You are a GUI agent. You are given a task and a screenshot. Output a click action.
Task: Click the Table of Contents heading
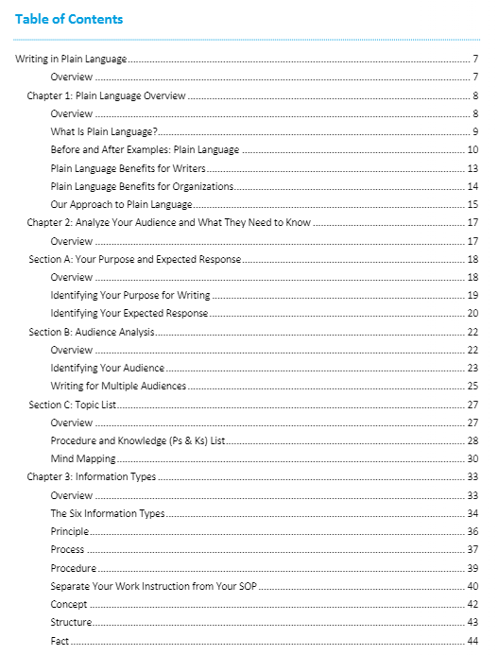[69, 19]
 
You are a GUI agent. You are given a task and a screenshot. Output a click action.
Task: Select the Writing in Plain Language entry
[72, 60]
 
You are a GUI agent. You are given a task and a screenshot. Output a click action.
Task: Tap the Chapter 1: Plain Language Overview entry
[106, 95]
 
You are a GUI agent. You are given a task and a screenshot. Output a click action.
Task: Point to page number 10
[472, 150]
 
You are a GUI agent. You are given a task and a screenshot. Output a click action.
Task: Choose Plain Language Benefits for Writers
[128, 168]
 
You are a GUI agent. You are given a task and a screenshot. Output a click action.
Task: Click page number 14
[472, 186]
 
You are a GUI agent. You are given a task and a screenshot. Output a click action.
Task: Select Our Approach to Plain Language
[121, 204]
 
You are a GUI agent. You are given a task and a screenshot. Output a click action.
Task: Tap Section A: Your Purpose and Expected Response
[135, 259]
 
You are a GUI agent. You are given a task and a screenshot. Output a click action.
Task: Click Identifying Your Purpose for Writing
[130, 295]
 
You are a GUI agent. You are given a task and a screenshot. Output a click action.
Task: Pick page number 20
[472, 314]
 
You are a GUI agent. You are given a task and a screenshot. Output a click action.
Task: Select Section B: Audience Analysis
[92, 332]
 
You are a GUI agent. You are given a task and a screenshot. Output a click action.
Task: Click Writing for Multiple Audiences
[118, 386]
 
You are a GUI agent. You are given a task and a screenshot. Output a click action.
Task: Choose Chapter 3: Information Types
[92, 477]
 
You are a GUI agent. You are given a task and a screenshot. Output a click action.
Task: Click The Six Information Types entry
[108, 513]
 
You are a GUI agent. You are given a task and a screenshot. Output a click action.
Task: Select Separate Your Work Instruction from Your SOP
[154, 586]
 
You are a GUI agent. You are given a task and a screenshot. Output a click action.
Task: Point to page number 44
[472, 641]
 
